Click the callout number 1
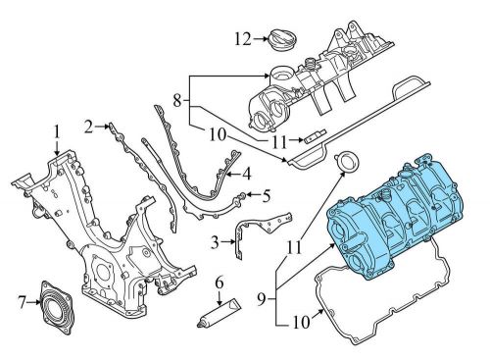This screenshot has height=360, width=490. (57, 132)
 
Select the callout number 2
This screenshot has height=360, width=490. (88, 127)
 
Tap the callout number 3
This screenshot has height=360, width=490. (215, 242)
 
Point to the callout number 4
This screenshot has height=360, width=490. (247, 174)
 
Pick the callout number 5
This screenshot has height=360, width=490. (267, 195)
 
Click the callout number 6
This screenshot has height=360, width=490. (220, 283)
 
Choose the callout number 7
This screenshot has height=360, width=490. (22, 302)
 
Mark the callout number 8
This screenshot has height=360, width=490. (176, 100)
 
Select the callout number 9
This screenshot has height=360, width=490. (261, 299)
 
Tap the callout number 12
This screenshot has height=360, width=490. (243, 39)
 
